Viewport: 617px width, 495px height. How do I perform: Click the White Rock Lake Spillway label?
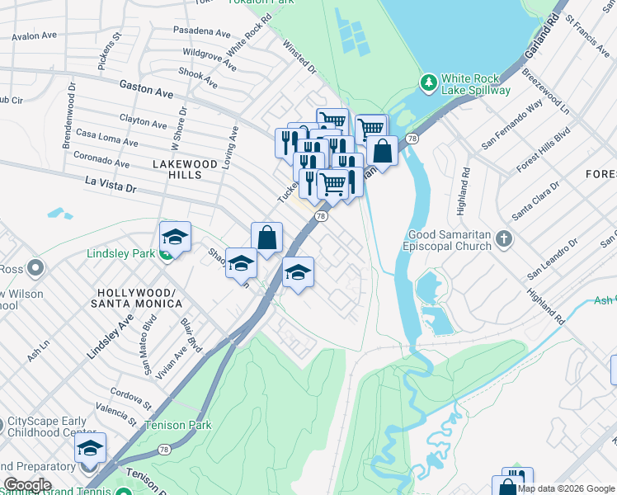[x=476, y=83]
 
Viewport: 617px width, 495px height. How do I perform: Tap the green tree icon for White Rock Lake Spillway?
[x=428, y=82]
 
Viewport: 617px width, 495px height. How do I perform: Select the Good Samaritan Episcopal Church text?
[x=446, y=240]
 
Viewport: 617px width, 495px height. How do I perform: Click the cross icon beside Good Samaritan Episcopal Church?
[x=502, y=239]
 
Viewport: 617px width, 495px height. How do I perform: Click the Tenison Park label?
[x=177, y=426]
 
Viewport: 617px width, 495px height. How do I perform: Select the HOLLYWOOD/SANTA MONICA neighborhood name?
[x=139, y=299]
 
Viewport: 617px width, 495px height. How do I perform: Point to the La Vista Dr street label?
[x=110, y=184]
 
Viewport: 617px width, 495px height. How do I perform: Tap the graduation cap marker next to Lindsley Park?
[x=175, y=238]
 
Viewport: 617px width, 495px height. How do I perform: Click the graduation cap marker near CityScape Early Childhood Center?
[x=90, y=448]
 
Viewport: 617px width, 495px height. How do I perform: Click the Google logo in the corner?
[x=27, y=485]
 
